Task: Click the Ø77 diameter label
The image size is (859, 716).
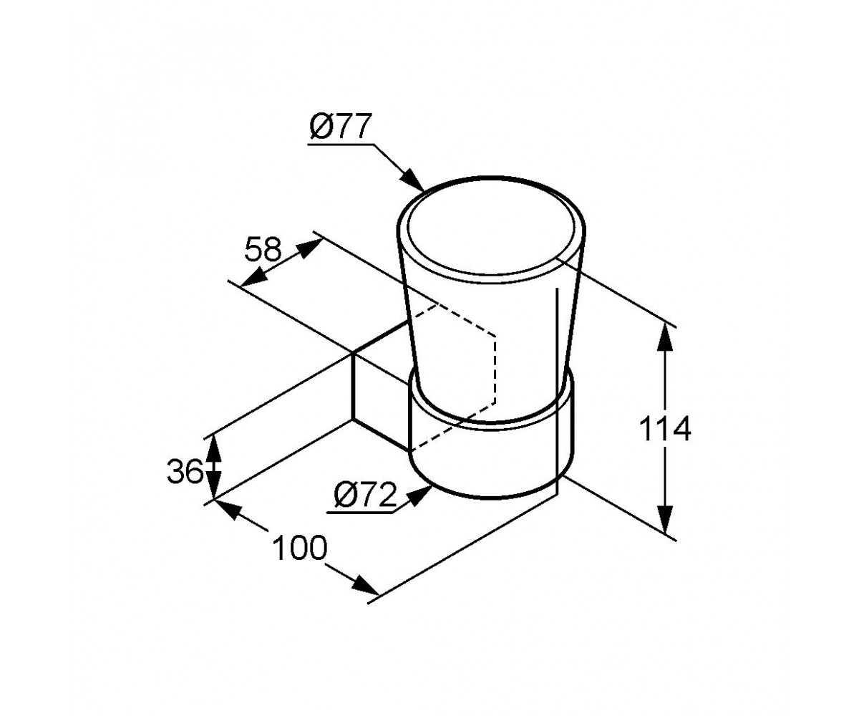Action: coord(341,126)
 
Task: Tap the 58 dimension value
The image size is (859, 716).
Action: coord(263,249)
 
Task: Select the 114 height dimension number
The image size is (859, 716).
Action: coord(665,429)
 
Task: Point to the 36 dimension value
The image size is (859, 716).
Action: coord(185,471)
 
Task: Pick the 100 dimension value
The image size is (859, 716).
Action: coord(299,548)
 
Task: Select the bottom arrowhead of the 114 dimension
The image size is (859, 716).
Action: coord(665,520)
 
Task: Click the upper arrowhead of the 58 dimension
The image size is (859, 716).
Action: coord(308,248)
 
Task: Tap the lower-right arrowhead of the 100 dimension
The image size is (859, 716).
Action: coord(364,585)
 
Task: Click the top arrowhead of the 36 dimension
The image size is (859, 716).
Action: coord(213,450)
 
